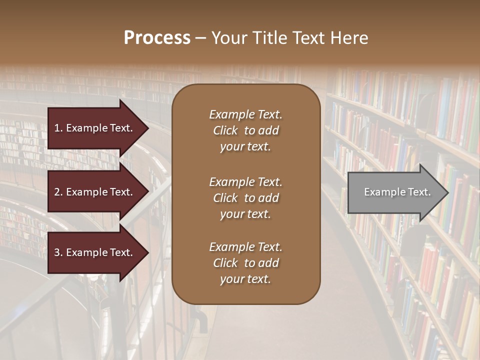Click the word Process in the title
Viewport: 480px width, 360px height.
(x=157, y=38)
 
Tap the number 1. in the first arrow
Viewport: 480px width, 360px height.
(x=58, y=128)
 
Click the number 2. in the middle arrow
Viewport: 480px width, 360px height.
(x=58, y=192)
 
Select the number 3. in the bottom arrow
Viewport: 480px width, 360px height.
(x=58, y=252)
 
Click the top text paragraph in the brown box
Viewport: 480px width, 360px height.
(x=245, y=130)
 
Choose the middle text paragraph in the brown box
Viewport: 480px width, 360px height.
(x=245, y=198)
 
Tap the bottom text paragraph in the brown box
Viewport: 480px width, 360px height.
(x=245, y=263)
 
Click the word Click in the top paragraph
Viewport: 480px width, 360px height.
(x=225, y=130)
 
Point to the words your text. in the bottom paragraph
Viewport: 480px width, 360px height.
(x=245, y=279)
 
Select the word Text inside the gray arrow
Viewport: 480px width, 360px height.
(x=420, y=192)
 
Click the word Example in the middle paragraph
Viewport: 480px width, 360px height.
(x=231, y=182)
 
